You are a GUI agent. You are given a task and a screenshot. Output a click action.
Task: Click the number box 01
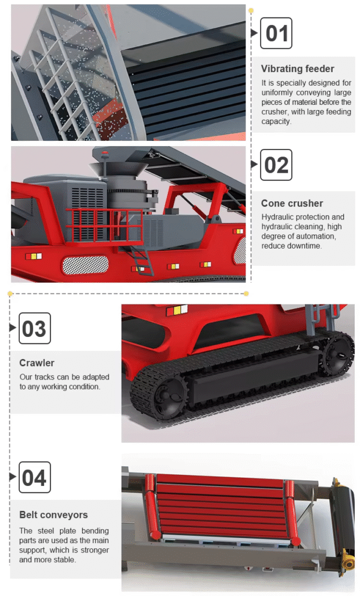click(276, 33)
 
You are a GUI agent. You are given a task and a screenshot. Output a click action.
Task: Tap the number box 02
click(276, 165)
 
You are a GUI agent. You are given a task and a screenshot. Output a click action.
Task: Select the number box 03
click(34, 328)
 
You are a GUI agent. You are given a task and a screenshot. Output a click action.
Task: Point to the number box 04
click(34, 477)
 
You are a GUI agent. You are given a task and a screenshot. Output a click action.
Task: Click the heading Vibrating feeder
click(298, 69)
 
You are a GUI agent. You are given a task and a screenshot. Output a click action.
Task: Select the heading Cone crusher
click(292, 203)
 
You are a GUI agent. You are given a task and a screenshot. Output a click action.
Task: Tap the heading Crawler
click(37, 363)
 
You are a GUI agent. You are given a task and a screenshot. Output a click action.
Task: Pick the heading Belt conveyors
click(54, 515)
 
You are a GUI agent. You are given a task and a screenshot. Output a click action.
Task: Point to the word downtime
click(306, 246)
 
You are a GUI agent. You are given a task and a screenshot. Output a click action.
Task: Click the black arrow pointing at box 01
click(254, 33)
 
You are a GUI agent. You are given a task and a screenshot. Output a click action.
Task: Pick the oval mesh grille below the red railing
click(85, 265)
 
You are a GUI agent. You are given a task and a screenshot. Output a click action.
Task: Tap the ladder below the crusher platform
click(143, 260)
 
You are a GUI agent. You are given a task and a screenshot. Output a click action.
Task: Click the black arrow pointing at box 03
click(13, 327)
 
